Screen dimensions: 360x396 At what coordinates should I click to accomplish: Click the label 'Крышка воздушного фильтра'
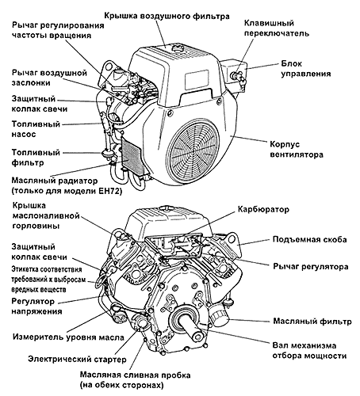click(x=167, y=17)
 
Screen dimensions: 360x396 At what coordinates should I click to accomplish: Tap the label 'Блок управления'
click(x=306, y=69)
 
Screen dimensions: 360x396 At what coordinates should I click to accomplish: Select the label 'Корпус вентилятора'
click(x=297, y=150)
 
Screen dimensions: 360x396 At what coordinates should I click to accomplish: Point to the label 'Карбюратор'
click(x=263, y=209)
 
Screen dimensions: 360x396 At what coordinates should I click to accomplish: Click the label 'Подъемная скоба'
click(x=309, y=239)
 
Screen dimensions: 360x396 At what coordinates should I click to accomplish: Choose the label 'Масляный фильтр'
click(x=312, y=322)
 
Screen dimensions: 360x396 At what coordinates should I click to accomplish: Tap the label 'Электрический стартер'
click(x=77, y=359)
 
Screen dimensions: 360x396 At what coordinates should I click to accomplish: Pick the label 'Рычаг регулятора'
click(x=311, y=266)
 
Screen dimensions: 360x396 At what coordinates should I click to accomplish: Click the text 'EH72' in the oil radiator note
click(x=108, y=191)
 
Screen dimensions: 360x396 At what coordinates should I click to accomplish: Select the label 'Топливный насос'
click(x=36, y=129)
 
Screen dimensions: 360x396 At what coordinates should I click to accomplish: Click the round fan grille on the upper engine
click(x=194, y=150)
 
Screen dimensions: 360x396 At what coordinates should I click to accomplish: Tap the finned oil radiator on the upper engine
click(x=132, y=155)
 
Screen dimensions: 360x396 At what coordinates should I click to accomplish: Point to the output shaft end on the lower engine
click(x=198, y=337)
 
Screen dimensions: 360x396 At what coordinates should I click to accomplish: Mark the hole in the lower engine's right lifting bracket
click(x=232, y=239)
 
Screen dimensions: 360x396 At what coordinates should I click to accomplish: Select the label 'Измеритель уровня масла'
click(x=68, y=337)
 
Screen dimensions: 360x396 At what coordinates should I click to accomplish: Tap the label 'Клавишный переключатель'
click(x=276, y=29)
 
